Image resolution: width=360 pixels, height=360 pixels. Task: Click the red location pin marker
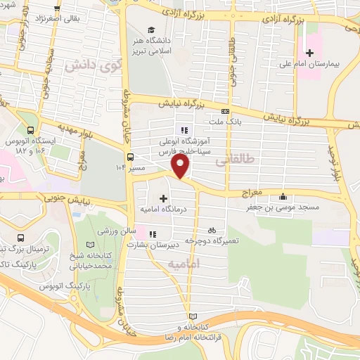pyautogui.click(x=181, y=167)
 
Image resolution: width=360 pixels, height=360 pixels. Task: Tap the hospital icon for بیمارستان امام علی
pyautogui.click(x=309, y=53)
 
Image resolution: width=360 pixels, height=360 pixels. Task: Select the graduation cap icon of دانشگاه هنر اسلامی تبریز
pyautogui.click(x=151, y=30)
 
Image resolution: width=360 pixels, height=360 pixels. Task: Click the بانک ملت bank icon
pyautogui.click(x=225, y=111)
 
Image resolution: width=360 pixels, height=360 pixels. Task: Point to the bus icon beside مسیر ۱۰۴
pyautogui.click(x=130, y=157)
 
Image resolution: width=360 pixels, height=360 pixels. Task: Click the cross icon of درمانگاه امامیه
pyautogui.click(x=163, y=199)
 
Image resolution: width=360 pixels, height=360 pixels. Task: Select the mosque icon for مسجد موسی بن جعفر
pyautogui.click(x=283, y=197)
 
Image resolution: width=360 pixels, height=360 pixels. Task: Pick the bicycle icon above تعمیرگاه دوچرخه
pyautogui.click(x=212, y=230)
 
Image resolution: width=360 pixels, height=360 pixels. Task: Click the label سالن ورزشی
pyautogui.click(x=111, y=231)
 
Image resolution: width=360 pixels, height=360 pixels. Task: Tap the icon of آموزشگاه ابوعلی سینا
pyautogui.click(x=185, y=130)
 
